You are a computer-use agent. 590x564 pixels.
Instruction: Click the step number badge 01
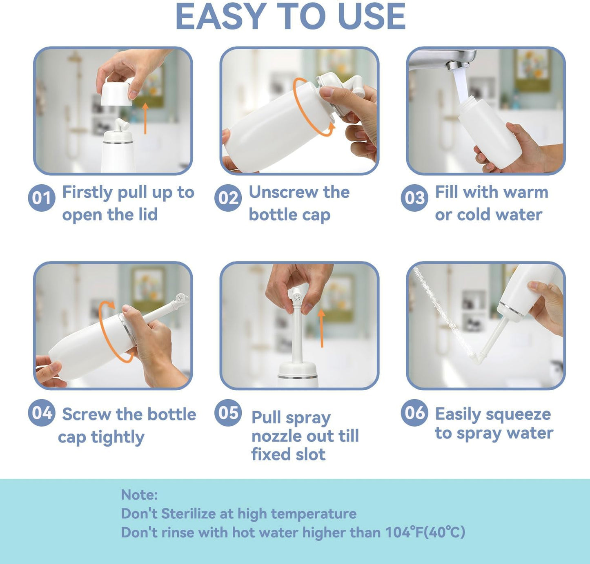(42, 198)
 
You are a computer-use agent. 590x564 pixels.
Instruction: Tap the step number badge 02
(228, 198)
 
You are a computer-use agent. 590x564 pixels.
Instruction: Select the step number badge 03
(414, 198)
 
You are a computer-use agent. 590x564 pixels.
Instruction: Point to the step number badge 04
(42, 413)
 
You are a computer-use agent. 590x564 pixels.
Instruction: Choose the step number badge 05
(228, 413)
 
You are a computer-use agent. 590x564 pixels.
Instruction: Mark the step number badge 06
(414, 413)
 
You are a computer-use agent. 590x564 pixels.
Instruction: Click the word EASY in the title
(221, 17)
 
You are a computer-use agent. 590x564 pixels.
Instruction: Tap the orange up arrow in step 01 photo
(145, 118)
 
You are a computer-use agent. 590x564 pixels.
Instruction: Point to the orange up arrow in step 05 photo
(322, 328)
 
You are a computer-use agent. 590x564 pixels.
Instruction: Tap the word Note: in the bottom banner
(139, 495)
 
